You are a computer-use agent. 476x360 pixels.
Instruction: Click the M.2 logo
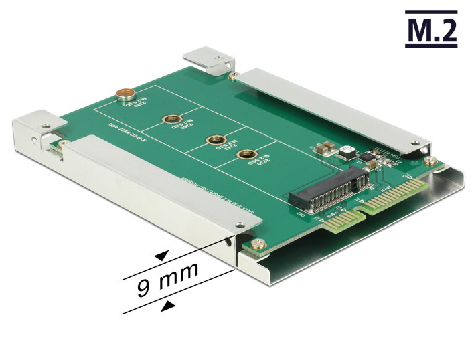point(432,29)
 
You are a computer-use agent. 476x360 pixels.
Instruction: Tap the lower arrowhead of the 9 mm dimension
point(171,305)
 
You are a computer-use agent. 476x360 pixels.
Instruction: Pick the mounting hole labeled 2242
point(213,141)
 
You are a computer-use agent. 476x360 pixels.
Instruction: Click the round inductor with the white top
point(346,151)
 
